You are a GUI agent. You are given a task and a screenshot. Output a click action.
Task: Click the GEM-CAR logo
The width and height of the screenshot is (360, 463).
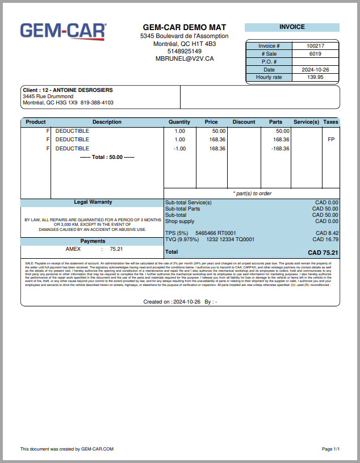click(x=63, y=32)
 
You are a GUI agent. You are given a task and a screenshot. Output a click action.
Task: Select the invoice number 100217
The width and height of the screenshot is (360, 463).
click(x=315, y=46)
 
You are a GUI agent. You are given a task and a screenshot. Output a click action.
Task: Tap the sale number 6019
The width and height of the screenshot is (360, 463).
click(x=315, y=54)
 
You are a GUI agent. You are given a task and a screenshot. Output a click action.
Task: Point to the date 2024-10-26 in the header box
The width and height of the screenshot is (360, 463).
click(x=315, y=70)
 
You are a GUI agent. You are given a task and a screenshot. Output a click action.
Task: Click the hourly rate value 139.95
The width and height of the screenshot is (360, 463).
click(x=315, y=77)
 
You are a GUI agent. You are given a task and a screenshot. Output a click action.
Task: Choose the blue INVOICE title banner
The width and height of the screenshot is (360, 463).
click(x=292, y=27)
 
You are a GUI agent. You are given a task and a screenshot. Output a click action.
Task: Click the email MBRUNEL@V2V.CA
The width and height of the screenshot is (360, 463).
click(x=185, y=58)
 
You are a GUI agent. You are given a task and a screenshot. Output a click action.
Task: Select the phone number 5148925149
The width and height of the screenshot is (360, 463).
click(x=185, y=51)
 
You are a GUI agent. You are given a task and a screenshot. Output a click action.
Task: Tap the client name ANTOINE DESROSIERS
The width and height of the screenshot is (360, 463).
click(x=83, y=90)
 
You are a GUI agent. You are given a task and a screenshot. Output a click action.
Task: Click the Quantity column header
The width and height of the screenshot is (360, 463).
click(x=179, y=122)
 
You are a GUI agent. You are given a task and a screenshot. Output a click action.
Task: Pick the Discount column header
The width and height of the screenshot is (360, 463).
click(x=244, y=122)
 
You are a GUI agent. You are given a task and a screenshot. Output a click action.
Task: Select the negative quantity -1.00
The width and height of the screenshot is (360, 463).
click(x=179, y=149)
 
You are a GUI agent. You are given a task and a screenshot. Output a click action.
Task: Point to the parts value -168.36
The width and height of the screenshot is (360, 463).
click(x=280, y=149)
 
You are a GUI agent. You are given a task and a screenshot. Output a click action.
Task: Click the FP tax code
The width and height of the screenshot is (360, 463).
click(x=331, y=140)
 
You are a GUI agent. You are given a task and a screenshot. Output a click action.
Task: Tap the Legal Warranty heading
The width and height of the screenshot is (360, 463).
click(x=93, y=202)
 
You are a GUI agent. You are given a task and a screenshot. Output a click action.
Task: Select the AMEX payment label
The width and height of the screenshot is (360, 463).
click(x=73, y=249)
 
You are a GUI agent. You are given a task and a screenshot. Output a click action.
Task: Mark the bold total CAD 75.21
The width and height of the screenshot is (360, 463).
click(x=323, y=252)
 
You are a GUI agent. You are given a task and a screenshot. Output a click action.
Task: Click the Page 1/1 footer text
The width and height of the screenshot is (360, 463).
click(x=330, y=449)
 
